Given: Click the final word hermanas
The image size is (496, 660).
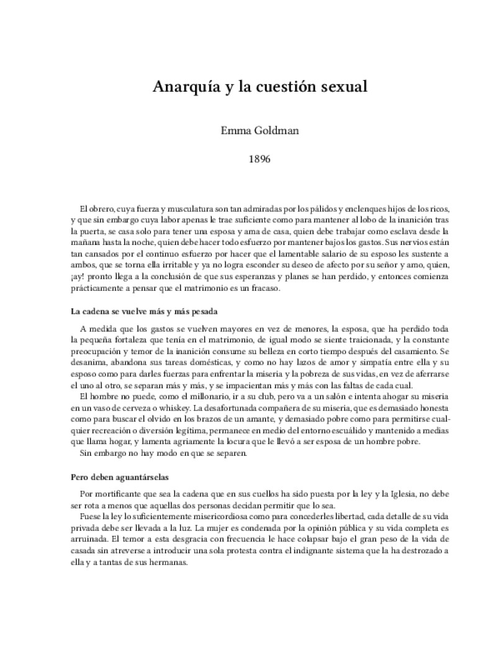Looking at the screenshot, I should [168, 563].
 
